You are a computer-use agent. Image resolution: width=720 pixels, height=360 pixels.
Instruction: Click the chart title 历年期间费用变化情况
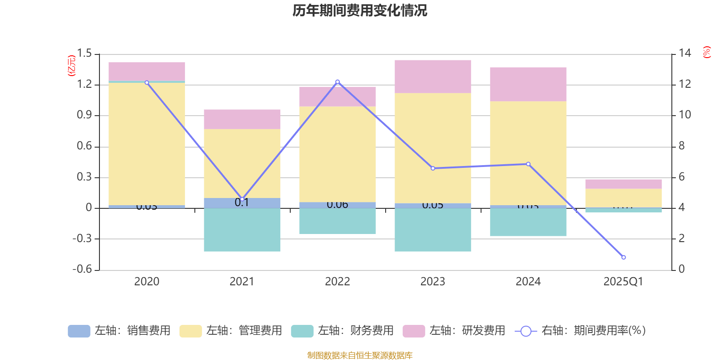[360, 10]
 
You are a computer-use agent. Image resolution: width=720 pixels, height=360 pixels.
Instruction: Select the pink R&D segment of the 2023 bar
[432, 76]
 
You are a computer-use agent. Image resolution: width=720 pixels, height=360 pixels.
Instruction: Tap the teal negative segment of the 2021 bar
[242, 229]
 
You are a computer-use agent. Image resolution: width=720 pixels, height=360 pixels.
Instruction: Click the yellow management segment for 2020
[147, 144]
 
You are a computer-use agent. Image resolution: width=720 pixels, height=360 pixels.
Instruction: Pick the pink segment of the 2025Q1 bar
[623, 184]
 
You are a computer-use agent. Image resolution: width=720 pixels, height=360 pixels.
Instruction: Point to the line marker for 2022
[337, 82]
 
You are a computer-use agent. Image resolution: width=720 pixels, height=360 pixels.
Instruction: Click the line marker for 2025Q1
[623, 257]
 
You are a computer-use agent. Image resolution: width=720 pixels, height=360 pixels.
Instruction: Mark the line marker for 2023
[433, 168]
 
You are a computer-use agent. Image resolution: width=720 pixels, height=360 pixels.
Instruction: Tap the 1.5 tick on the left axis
[84, 54]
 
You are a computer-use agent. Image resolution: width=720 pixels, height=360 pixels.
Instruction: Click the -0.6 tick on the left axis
[82, 269]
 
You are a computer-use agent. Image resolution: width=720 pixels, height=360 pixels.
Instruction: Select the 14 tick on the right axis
[685, 53]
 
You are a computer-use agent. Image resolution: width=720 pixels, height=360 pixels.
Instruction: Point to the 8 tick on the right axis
[682, 146]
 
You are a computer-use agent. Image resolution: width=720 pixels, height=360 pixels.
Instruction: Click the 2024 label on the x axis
[528, 282]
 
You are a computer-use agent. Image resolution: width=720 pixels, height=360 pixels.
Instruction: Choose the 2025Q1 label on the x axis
[623, 282]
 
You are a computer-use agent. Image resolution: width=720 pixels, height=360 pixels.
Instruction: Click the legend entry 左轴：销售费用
[119, 331]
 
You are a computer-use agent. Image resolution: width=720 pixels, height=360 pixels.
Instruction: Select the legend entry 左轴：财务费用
[342, 331]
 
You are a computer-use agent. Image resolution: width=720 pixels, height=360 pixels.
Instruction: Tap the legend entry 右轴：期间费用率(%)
[580, 331]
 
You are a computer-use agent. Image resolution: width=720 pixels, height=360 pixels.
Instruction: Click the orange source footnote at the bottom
[360, 355]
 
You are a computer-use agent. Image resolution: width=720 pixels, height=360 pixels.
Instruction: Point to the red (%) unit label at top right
[706, 52]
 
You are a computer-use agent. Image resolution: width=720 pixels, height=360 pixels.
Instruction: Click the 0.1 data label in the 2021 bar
[242, 202]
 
